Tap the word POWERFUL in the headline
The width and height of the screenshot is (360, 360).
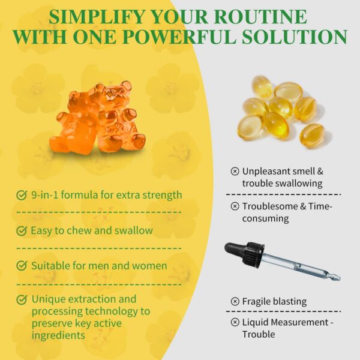coord(181,37)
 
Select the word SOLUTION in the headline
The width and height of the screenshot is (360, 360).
coord(295,37)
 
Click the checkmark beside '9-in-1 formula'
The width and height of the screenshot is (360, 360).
coord(22,195)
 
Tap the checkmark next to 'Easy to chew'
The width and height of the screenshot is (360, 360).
coord(22,230)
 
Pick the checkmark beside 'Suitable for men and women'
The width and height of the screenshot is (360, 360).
coord(22,266)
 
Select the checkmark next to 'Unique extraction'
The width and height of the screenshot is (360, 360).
coord(22,299)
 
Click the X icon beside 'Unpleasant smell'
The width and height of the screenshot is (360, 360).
coord(235,171)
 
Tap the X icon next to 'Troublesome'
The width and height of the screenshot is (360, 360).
coord(235,206)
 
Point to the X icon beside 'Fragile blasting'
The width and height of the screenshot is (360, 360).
coord(235,301)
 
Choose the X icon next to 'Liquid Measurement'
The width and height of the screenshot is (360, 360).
coord(235,322)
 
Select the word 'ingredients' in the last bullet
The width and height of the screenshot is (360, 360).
coord(58,335)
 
